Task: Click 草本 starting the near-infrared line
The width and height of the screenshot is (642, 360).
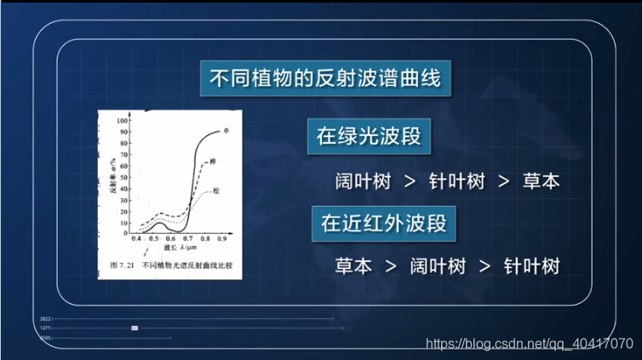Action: pyautogui.click(x=353, y=265)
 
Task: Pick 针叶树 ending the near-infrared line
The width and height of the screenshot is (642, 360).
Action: pyautogui.click(x=531, y=265)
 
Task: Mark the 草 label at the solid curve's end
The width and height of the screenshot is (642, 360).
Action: pyautogui.click(x=227, y=130)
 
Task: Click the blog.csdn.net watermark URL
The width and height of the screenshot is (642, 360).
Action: pyautogui.click(x=528, y=344)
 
